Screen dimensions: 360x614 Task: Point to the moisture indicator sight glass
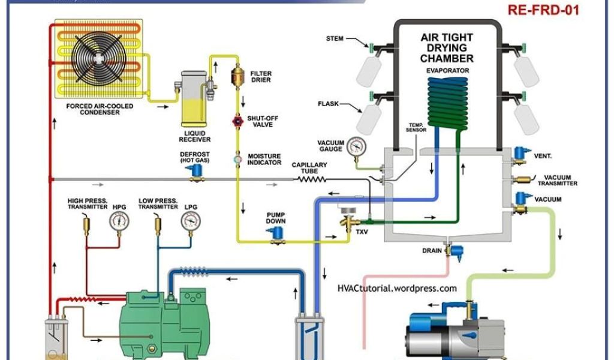[236, 160]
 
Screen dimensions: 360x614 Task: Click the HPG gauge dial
[119, 222]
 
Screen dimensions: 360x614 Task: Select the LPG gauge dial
[191, 222]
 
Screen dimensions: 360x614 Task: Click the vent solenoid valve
[517, 155]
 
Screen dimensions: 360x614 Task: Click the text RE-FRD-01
[543, 11]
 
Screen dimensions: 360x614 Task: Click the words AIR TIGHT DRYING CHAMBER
[447, 48]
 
